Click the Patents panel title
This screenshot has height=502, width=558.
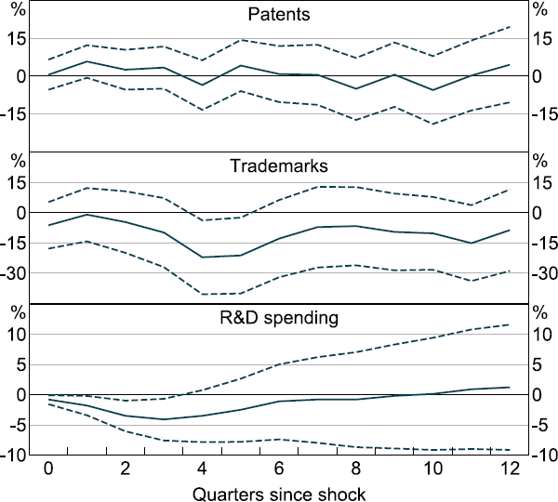278,15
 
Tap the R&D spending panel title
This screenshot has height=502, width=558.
278,318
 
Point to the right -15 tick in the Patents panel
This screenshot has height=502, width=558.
542,113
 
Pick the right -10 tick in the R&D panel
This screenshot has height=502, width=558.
542,456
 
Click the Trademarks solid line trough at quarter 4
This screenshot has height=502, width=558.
202,258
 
